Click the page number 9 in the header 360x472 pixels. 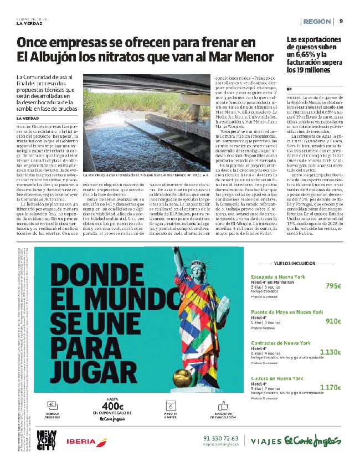[x=341, y=21]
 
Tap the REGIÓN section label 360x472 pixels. [x=317, y=21]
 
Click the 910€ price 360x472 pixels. [x=333, y=321]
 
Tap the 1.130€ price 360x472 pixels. [x=331, y=352]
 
